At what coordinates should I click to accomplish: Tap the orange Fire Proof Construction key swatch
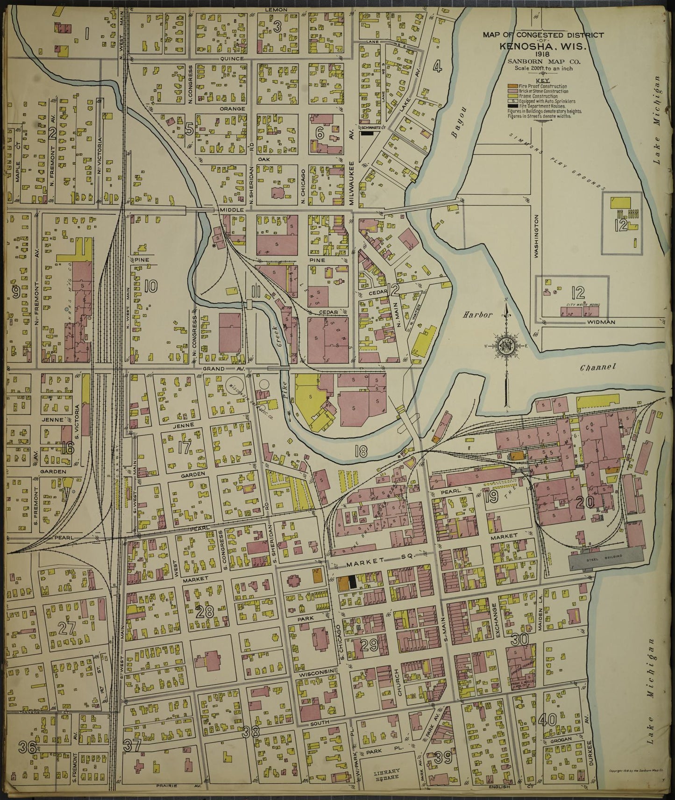[512, 87]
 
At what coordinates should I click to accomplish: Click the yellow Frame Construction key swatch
[512, 96]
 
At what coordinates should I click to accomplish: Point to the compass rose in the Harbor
[506, 346]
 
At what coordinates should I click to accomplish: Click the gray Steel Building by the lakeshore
[604, 558]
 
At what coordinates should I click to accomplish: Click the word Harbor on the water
[478, 315]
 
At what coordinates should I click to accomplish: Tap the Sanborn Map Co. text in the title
[543, 62]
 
